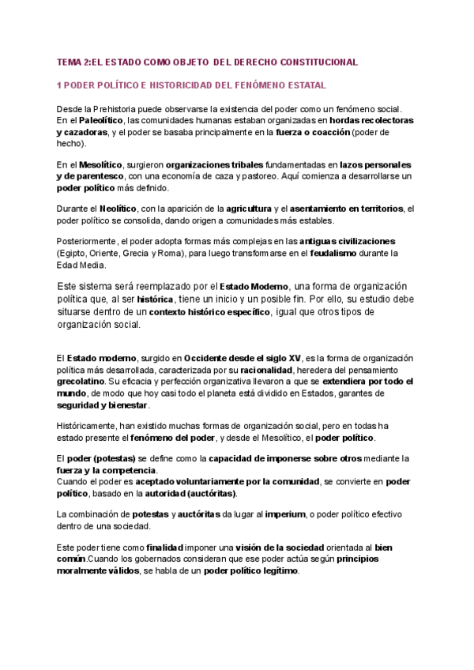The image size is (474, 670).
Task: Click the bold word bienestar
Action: tap(125, 405)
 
